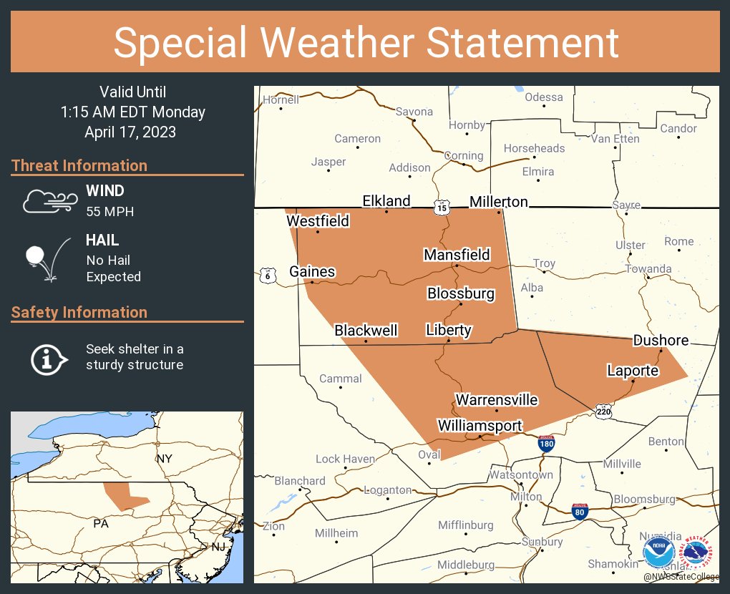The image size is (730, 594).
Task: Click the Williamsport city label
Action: click(x=480, y=426)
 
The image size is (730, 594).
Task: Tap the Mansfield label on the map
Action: click(x=457, y=255)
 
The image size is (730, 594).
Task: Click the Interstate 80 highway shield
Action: click(x=580, y=511)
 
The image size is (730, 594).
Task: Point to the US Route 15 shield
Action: click(x=441, y=207)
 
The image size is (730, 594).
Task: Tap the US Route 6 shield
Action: click(x=267, y=276)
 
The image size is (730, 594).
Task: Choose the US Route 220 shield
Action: click(x=603, y=411)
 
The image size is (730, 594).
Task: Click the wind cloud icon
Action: click(x=48, y=201)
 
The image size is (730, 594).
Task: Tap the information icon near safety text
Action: click(x=48, y=358)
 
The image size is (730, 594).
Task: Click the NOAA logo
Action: click(x=658, y=552)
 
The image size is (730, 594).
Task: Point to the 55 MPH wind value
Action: click(x=109, y=212)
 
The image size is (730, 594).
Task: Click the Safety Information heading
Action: click(x=79, y=312)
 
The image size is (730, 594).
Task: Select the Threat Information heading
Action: click(x=79, y=165)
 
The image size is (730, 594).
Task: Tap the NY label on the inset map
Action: click(x=165, y=458)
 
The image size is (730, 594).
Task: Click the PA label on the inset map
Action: click(x=101, y=524)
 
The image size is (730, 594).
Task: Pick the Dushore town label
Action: click(x=661, y=341)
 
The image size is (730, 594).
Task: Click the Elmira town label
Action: click(x=538, y=172)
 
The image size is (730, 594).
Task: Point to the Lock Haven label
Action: click(x=345, y=459)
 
